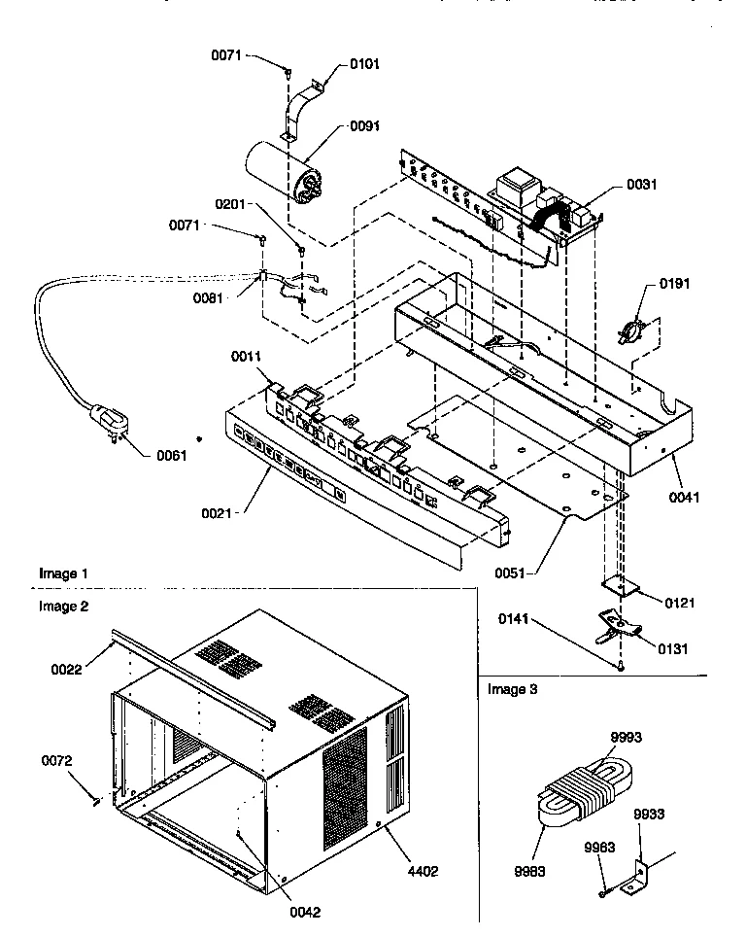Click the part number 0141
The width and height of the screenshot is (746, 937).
(516, 619)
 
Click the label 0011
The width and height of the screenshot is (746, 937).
(247, 358)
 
